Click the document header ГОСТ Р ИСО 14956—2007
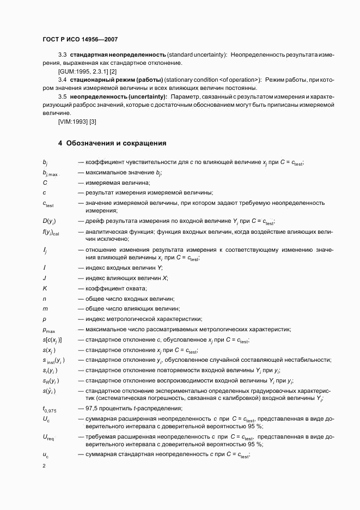(x=80, y=40)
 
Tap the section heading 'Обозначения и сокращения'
(x=112, y=143)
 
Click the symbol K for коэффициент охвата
(x=45, y=288)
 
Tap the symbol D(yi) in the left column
(x=49, y=222)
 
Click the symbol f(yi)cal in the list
(x=52, y=233)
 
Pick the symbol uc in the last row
(x=46, y=455)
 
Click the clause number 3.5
(x=62, y=96)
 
